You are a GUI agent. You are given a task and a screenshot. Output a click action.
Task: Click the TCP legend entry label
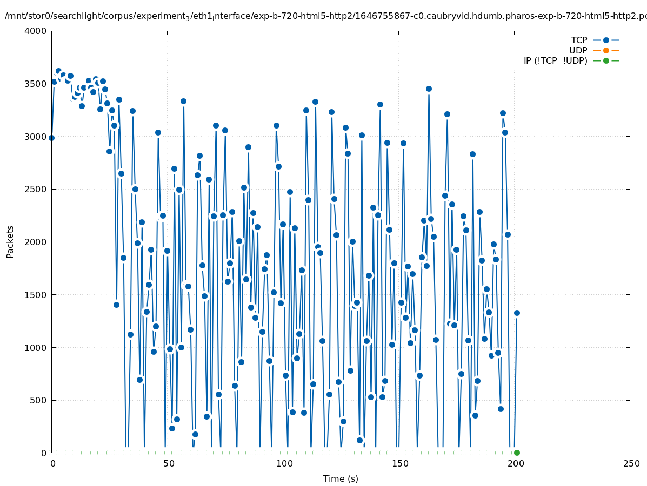(x=579, y=40)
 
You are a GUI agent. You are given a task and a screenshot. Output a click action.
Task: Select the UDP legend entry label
(x=578, y=50)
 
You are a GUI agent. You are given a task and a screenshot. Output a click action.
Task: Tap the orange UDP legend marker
(x=606, y=50)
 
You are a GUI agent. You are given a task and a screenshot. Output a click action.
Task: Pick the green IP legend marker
(x=606, y=60)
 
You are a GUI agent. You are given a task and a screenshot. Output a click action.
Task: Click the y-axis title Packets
(x=10, y=241)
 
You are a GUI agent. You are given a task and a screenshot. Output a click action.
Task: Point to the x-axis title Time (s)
(x=341, y=478)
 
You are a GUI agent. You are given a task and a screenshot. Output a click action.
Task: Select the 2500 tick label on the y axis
(x=36, y=189)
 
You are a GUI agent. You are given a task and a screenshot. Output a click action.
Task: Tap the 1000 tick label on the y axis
(x=36, y=348)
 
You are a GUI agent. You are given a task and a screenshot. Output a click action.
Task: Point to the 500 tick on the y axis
(x=38, y=400)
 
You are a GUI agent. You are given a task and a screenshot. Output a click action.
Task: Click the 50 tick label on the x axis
(x=169, y=464)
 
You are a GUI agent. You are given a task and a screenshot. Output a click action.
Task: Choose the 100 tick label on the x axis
(x=284, y=464)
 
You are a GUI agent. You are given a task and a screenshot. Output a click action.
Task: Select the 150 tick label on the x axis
(x=399, y=464)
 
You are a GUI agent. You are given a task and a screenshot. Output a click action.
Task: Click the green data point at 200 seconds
(x=517, y=453)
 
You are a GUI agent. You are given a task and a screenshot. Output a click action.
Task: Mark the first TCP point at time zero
(x=51, y=138)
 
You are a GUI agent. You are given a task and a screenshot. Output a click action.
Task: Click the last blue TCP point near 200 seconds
(x=517, y=313)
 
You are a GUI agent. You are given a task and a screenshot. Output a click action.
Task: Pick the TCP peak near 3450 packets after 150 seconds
(x=429, y=89)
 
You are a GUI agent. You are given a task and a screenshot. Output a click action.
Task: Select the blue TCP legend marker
(x=606, y=40)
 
